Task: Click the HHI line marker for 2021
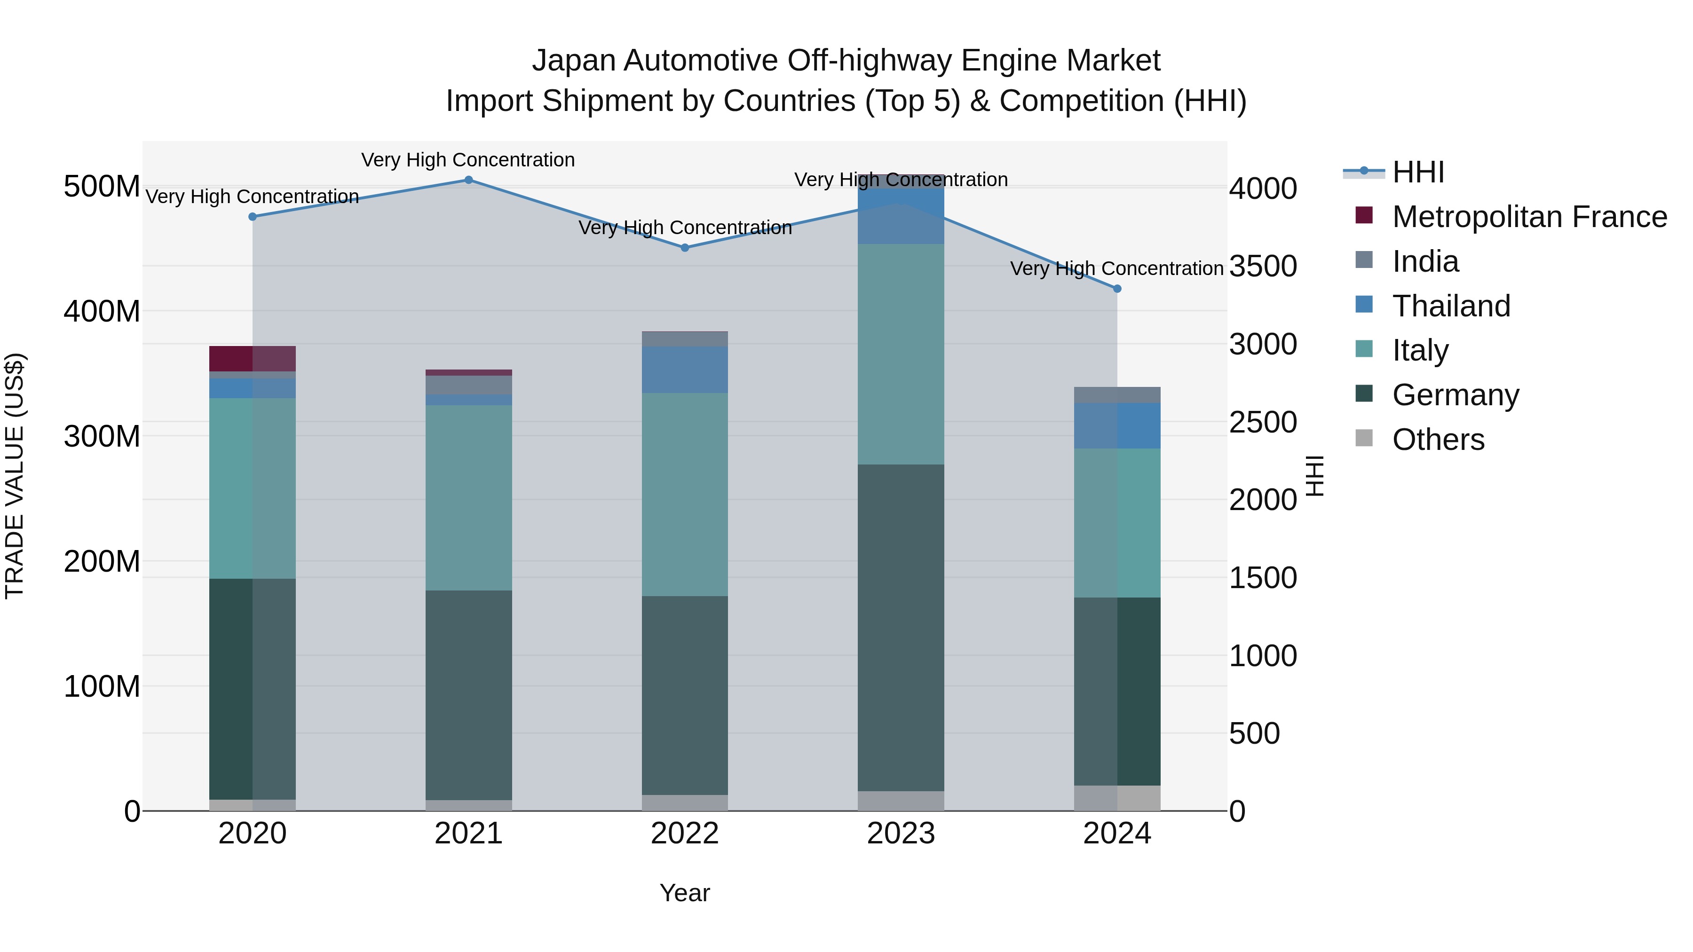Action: click(x=468, y=180)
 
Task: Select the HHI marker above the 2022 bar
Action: click(x=685, y=248)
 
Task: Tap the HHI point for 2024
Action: click(x=1117, y=289)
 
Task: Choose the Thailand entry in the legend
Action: click(x=1451, y=306)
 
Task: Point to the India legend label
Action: click(x=1425, y=261)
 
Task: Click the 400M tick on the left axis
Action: click(x=102, y=311)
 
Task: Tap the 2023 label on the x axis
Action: click(x=901, y=834)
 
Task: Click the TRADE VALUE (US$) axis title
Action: click(x=15, y=476)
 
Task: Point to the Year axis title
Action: click(x=685, y=893)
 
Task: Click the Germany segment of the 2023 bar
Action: click(x=901, y=628)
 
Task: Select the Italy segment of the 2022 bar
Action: click(x=685, y=494)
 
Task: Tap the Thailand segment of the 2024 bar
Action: click(x=1117, y=426)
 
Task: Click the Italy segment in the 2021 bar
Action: click(x=468, y=497)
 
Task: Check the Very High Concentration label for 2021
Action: click(x=468, y=160)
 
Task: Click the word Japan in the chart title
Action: click(x=573, y=61)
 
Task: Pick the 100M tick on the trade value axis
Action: click(x=102, y=686)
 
